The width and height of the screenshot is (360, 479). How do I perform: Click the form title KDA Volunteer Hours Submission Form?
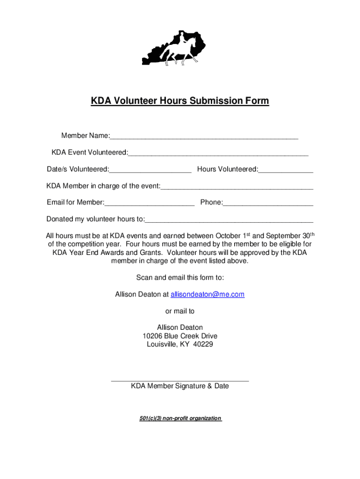point(180,101)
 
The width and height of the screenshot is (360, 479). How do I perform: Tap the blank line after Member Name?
point(204,137)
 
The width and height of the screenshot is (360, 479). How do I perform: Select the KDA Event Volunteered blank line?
point(218,153)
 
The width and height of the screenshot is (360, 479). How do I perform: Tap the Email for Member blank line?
point(150,203)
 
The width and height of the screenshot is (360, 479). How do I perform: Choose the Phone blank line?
point(268,203)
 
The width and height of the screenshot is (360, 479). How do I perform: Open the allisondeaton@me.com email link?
point(208,294)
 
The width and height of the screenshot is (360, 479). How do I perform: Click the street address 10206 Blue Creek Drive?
point(180,336)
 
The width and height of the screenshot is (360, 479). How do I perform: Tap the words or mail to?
point(180,311)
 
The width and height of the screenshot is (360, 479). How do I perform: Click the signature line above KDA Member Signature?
point(180,380)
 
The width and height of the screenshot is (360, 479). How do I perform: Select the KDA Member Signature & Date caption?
point(180,386)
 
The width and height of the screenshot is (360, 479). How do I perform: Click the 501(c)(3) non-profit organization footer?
point(180,418)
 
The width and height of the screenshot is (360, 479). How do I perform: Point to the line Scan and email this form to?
point(180,277)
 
